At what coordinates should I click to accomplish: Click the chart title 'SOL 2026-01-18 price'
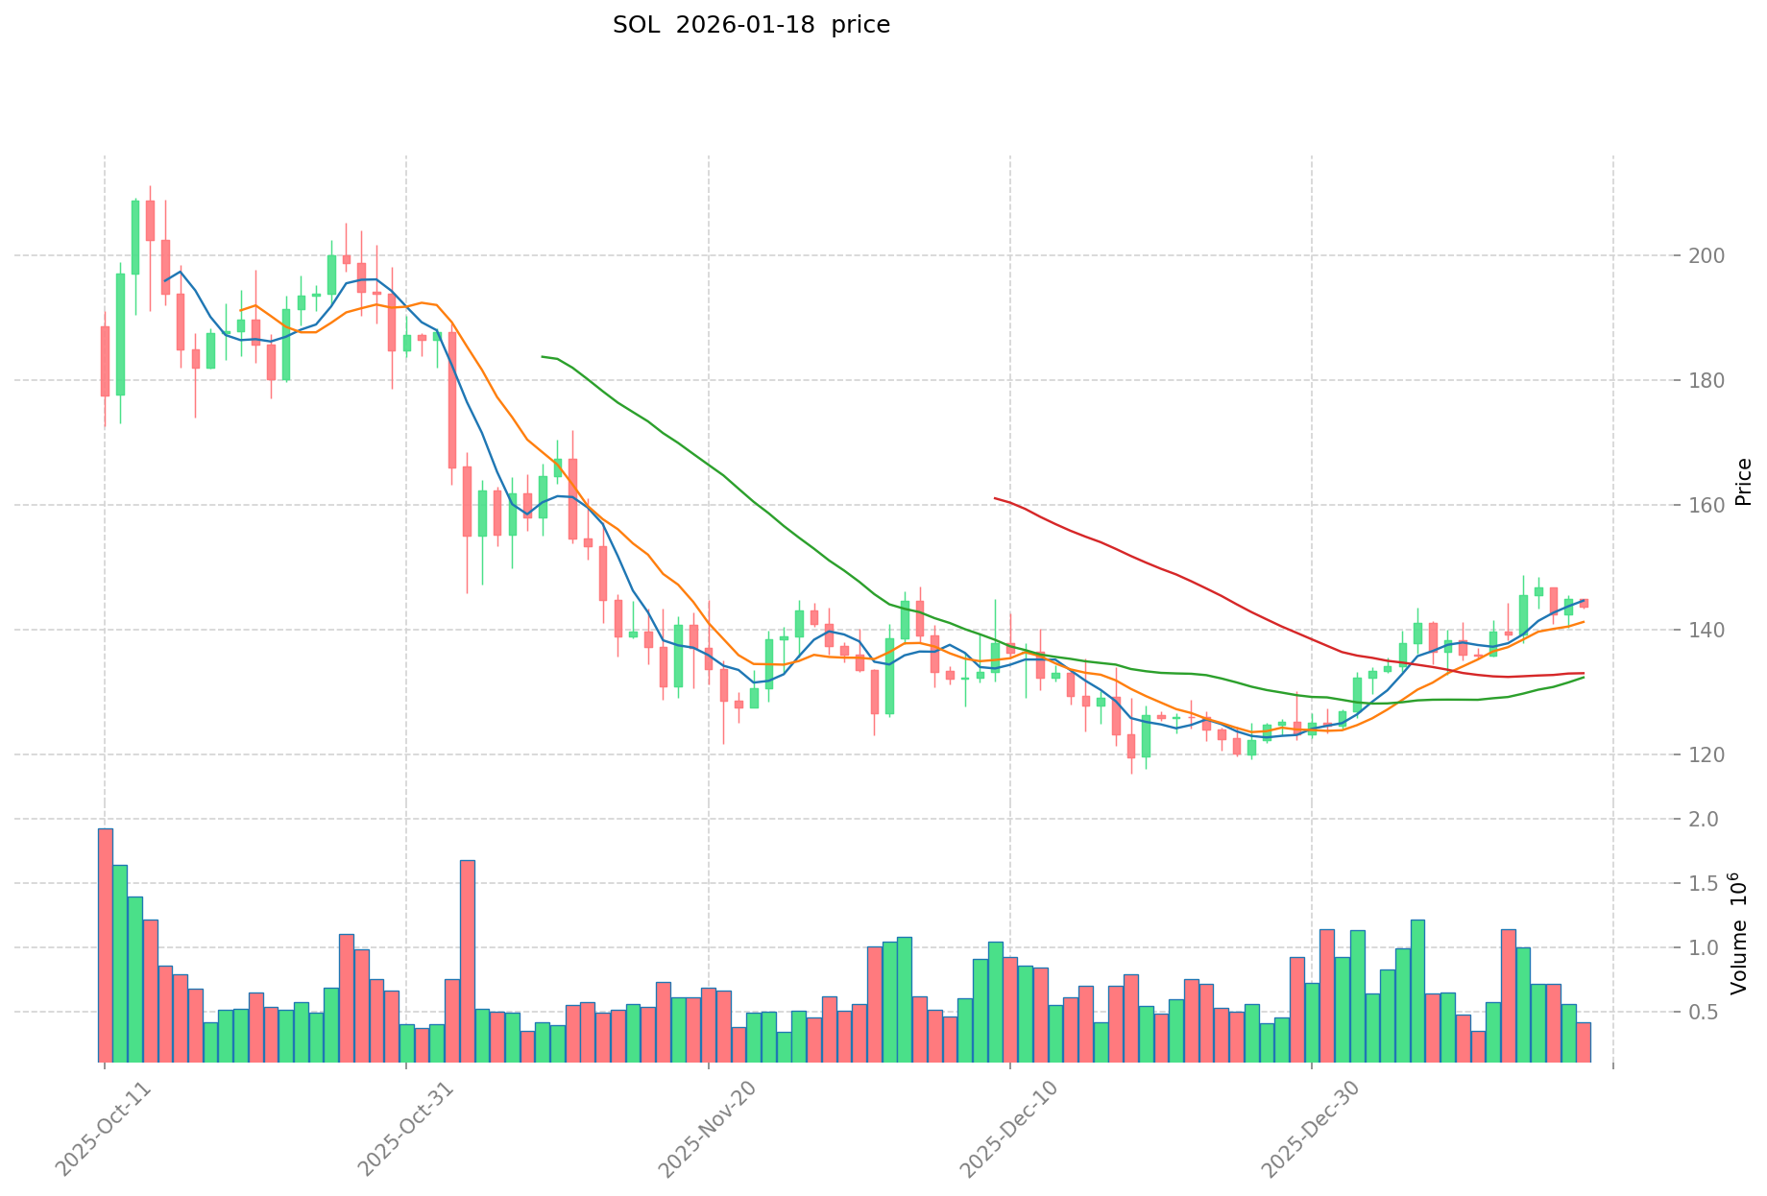pyautogui.click(x=751, y=25)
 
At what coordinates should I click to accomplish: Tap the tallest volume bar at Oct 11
pyautogui.click(x=105, y=945)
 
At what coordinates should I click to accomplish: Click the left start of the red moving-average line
pyautogui.click(x=995, y=498)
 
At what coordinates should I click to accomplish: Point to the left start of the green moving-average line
pyautogui.click(x=543, y=356)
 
